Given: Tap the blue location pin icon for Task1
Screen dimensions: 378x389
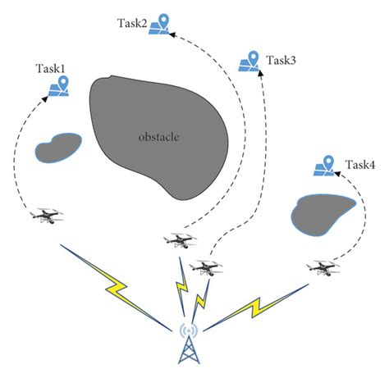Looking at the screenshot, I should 62,85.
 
